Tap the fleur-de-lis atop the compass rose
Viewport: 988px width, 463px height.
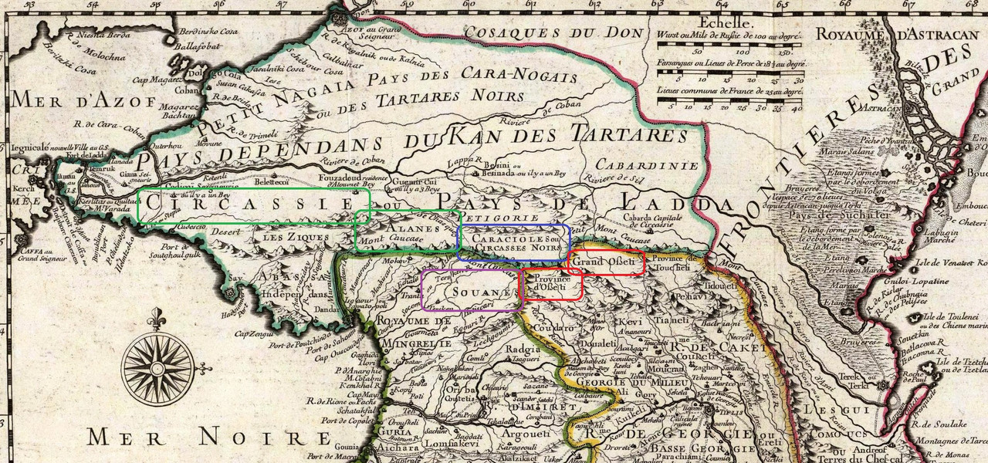pyautogui.click(x=158, y=317)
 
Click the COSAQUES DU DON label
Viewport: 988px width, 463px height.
pyautogui.click(x=555, y=33)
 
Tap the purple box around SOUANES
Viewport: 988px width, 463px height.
pyautogui.click(x=472, y=289)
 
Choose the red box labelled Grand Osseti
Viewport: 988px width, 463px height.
pyautogui.click(x=606, y=262)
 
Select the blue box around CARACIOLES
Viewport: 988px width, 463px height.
pyautogui.click(x=514, y=242)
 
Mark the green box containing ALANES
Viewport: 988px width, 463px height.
pyautogui.click(x=408, y=231)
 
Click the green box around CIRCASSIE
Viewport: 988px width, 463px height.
pyautogui.click(x=254, y=206)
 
